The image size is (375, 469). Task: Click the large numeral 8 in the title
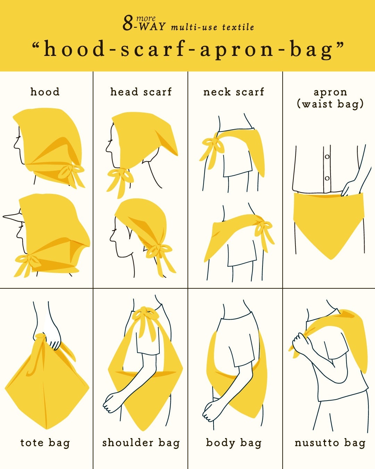[128, 23]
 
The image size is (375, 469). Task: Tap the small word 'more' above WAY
[146, 19]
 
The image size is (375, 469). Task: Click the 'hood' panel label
[45, 92]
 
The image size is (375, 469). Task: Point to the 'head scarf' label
[141, 92]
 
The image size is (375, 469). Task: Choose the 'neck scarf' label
[234, 92]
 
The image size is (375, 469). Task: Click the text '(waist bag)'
[330, 104]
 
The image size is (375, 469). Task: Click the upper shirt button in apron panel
[327, 157]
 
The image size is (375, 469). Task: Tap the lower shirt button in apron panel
[327, 178]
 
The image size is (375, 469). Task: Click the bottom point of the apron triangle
[331, 260]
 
